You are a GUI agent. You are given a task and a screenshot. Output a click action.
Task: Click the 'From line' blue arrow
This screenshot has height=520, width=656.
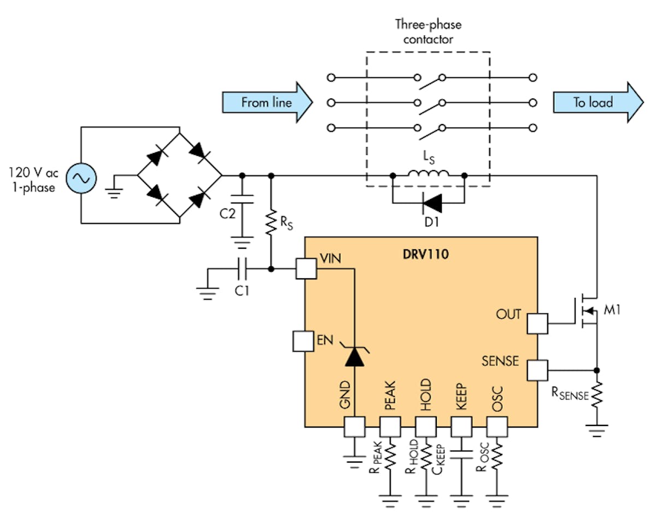(267, 102)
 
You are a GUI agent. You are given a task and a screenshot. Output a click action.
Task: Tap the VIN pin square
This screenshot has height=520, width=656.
(306, 268)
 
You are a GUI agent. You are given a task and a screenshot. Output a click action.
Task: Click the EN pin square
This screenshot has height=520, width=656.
(303, 341)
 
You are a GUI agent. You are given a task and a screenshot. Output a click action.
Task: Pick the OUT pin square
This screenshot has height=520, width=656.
(537, 324)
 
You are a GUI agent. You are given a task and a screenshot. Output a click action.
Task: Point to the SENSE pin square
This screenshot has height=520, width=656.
(537, 370)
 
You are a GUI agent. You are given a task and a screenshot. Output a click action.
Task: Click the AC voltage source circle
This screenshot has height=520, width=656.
(81, 177)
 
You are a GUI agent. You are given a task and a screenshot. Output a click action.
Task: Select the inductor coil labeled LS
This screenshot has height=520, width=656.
(429, 173)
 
